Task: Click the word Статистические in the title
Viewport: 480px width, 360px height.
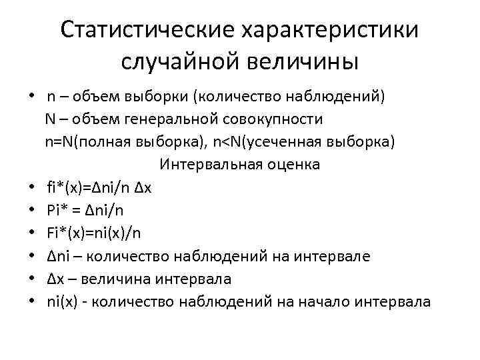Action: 145,30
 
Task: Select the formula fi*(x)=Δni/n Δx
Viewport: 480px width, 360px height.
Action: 99,187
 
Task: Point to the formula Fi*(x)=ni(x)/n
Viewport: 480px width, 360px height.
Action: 94,233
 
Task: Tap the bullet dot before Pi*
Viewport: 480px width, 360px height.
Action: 31,210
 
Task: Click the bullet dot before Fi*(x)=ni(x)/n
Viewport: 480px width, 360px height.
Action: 31,233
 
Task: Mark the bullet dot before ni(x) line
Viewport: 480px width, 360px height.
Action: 31,301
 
